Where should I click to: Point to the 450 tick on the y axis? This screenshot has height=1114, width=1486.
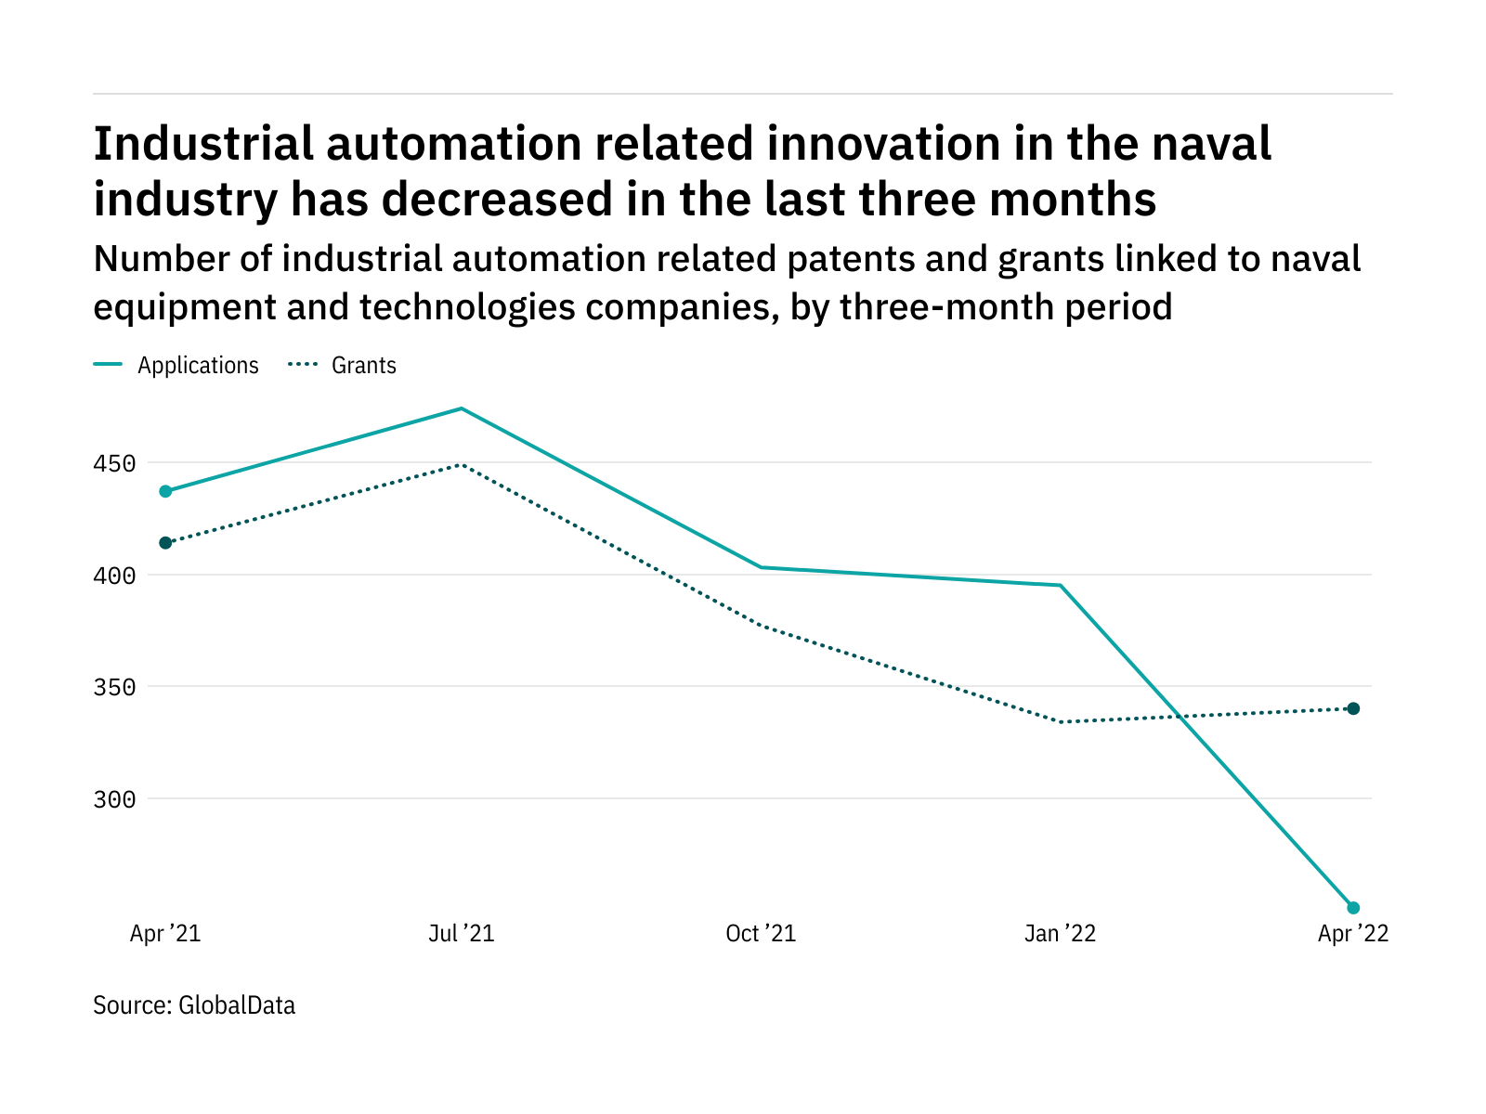(x=114, y=463)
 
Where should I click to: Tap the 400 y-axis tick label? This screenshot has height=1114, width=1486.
(x=114, y=576)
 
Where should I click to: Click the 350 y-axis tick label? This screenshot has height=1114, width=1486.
(x=114, y=688)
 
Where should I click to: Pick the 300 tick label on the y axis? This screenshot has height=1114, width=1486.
(x=114, y=799)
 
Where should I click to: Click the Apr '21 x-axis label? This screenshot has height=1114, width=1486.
(x=165, y=934)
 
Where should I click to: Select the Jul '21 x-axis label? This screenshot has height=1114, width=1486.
(x=462, y=934)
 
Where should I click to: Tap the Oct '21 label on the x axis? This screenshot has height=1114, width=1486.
(x=761, y=934)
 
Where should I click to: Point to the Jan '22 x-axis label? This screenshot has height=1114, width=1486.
(x=1060, y=934)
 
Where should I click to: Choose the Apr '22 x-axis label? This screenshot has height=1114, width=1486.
(x=1353, y=934)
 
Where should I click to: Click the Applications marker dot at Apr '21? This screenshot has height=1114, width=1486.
(x=165, y=491)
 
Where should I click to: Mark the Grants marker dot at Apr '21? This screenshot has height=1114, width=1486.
(x=165, y=543)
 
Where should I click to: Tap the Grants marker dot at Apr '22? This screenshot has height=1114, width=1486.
(x=1353, y=708)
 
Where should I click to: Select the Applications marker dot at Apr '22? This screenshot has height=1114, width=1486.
(x=1353, y=908)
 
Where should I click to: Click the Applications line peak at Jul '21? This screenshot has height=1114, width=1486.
(x=462, y=408)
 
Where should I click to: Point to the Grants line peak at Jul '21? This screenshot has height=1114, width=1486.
(x=462, y=464)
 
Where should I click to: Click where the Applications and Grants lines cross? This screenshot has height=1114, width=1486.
(x=1181, y=717)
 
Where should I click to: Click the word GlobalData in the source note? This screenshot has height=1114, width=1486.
(x=237, y=1005)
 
